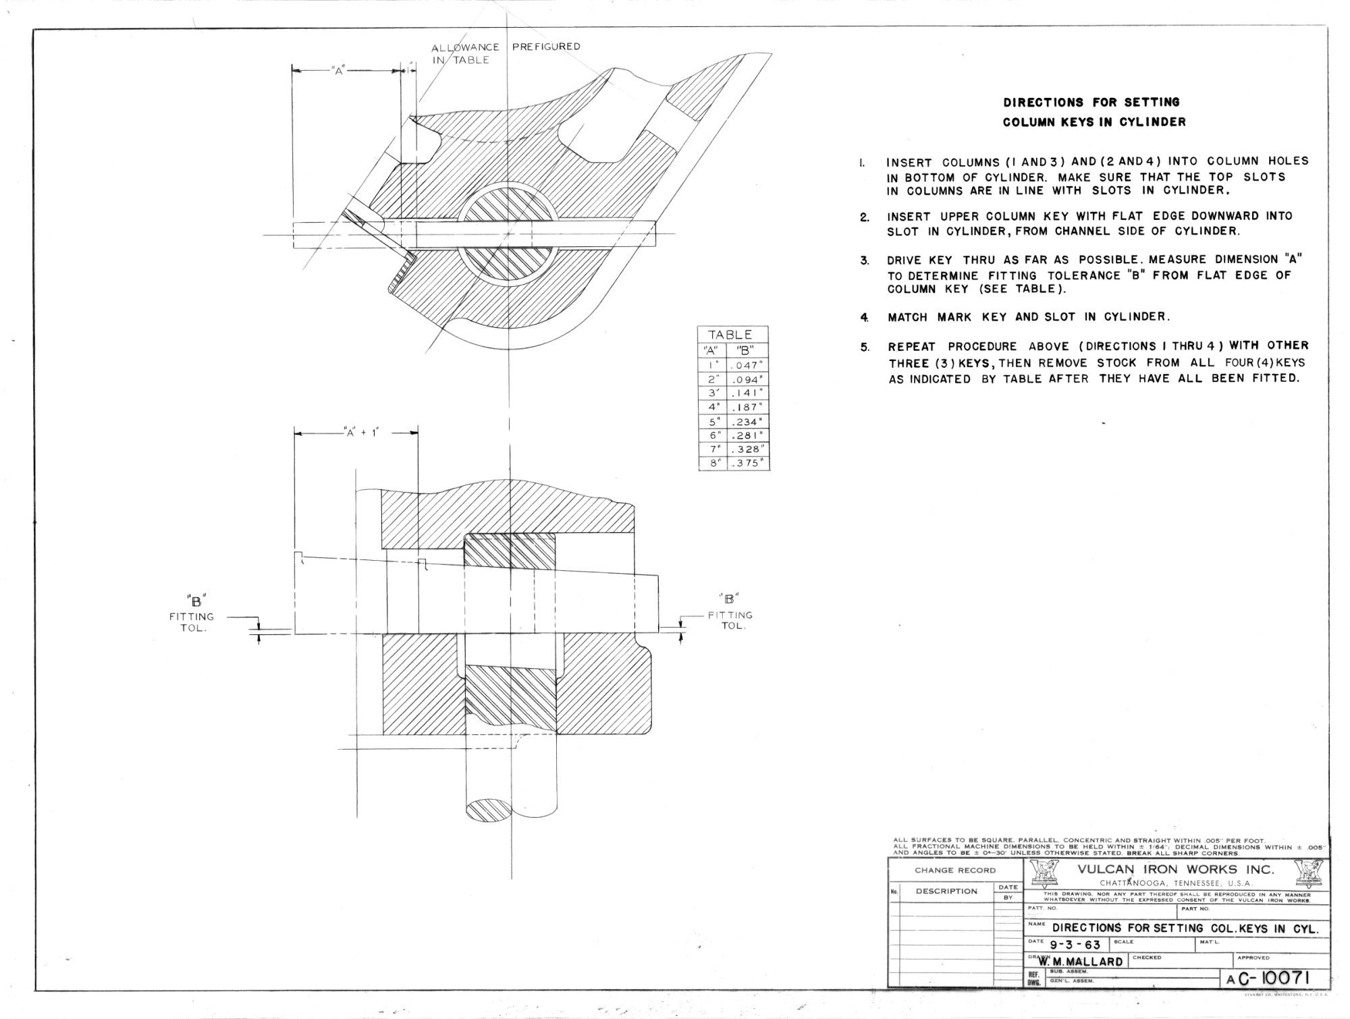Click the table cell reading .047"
click(747, 366)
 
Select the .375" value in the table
click(747, 464)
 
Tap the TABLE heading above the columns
click(730, 335)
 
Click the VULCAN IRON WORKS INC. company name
click(1176, 869)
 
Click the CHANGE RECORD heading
click(955, 870)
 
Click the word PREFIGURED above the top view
click(546, 47)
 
